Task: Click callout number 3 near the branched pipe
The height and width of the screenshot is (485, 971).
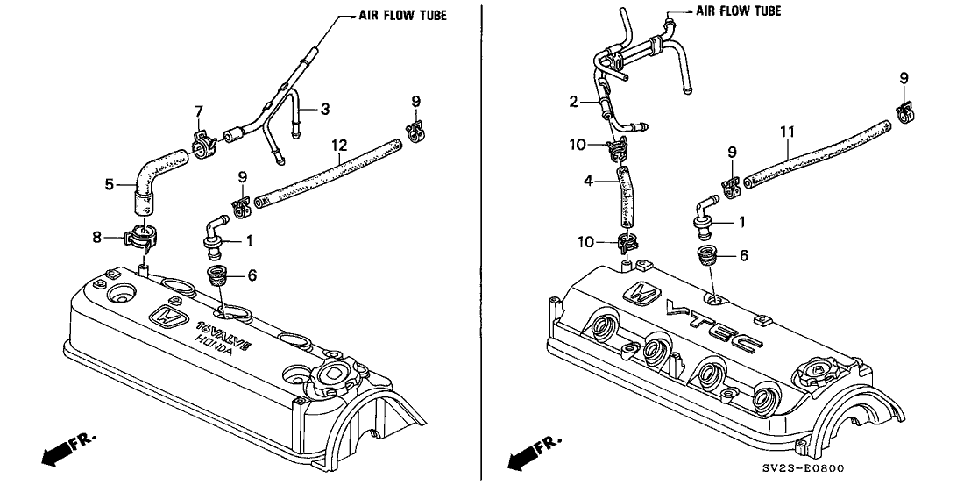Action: [325, 109]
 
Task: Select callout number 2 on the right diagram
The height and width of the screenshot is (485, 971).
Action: [573, 103]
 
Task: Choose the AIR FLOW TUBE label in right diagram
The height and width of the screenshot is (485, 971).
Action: [738, 11]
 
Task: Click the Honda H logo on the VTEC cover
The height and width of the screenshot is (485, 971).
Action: [643, 296]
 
